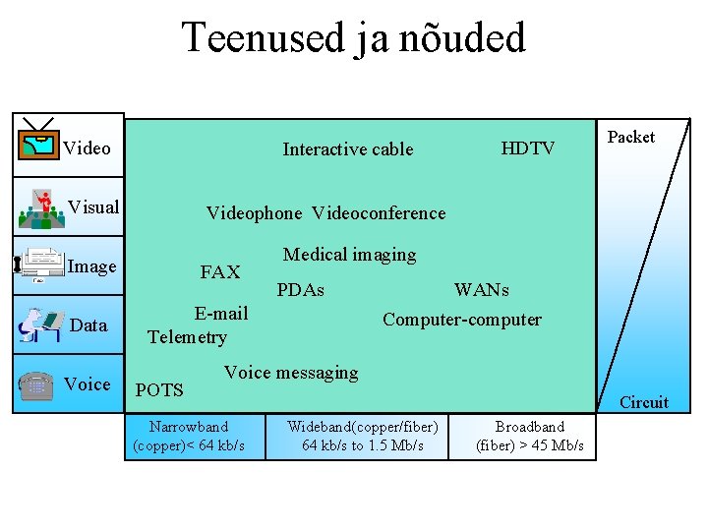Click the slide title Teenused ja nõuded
(x=354, y=39)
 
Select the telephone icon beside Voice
(x=35, y=384)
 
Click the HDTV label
(x=528, y=148)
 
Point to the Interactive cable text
(x=348, y=149)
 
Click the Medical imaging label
(x=349, y=255)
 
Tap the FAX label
(x=220, y=272)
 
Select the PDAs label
(x=301, y=290)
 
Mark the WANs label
(x=482, y=290)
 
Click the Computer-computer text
(x=461, y=320)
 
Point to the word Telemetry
(x=187, y=337)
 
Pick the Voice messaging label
(x=291, y=373)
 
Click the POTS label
(x=159, y=390)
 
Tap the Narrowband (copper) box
(x=189, y=436)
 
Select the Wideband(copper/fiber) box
(x=363, y=436)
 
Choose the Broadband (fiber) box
(x=530, y=436)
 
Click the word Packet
(x=631, y=138)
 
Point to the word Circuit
(x=644, y=402)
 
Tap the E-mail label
(x=221, y=314)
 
